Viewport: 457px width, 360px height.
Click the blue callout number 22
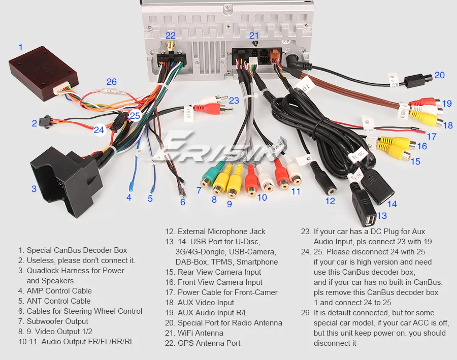(170, 36)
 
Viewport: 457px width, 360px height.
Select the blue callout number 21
(254, 36)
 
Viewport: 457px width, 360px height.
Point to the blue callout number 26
(111, 82)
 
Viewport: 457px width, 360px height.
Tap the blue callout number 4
(129, 198)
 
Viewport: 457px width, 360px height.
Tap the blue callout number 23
(234, 101)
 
